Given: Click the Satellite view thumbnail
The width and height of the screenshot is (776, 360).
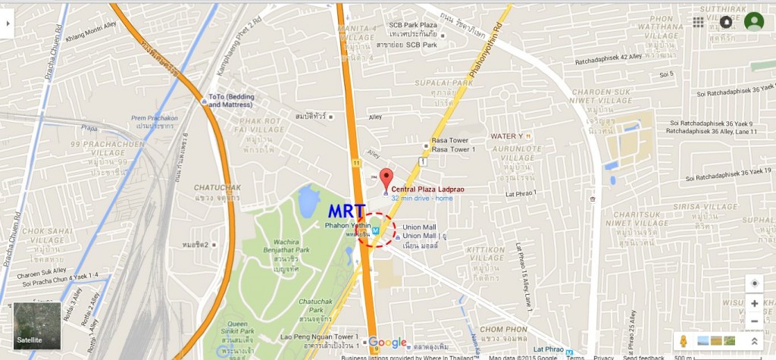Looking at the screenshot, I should [37, 325].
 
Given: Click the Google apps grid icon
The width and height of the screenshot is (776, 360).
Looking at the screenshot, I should [698, 21].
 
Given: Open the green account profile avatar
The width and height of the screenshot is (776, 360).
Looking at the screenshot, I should [753, 21].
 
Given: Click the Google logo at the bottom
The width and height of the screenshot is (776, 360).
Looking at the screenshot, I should [388, 343].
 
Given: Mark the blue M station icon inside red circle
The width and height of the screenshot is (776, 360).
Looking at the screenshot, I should [376, 231].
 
